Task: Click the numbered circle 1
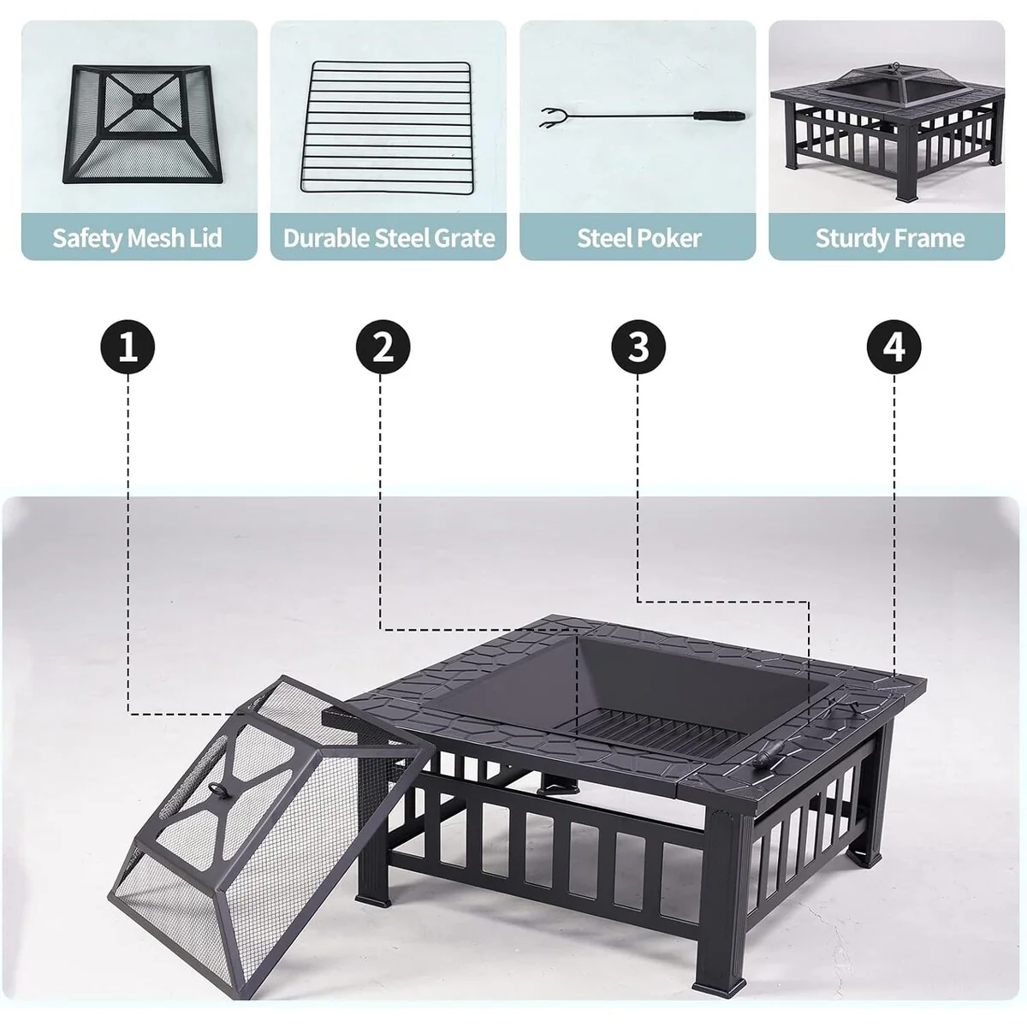point(128,347)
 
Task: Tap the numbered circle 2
point(383,347)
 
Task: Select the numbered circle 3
point(638,347)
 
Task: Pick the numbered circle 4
point(893,347)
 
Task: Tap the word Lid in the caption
point(205,237)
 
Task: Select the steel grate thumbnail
point(387,127)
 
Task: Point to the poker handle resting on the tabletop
point(766,755)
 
